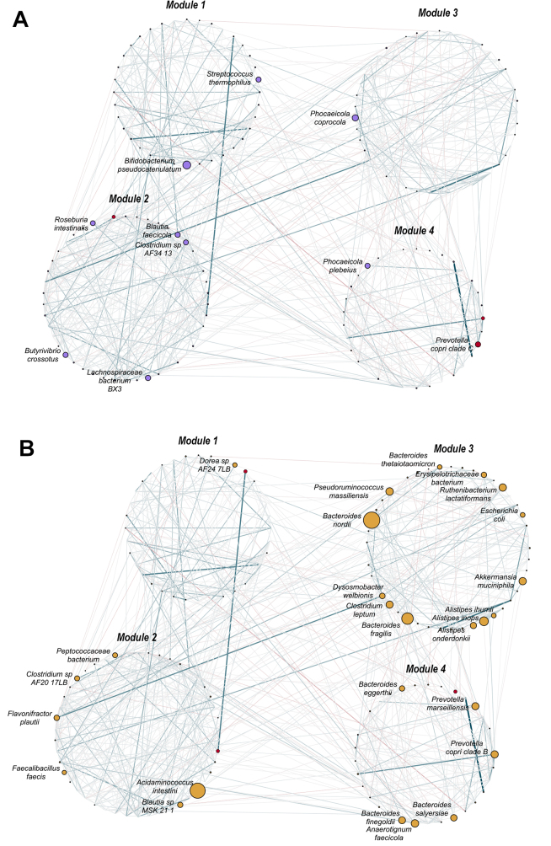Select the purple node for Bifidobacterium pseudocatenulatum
[187, 165]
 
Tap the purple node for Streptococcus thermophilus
[259, 79]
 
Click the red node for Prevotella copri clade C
[478, 345]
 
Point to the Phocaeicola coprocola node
[356, 118]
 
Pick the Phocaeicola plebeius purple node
[367, 266]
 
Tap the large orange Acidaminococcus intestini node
[198, 790]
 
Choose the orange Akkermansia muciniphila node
[522, 581]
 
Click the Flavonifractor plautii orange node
[57, 716]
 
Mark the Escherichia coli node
[522, 515]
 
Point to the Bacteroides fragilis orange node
[407, 618]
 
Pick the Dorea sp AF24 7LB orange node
[235, 465]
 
